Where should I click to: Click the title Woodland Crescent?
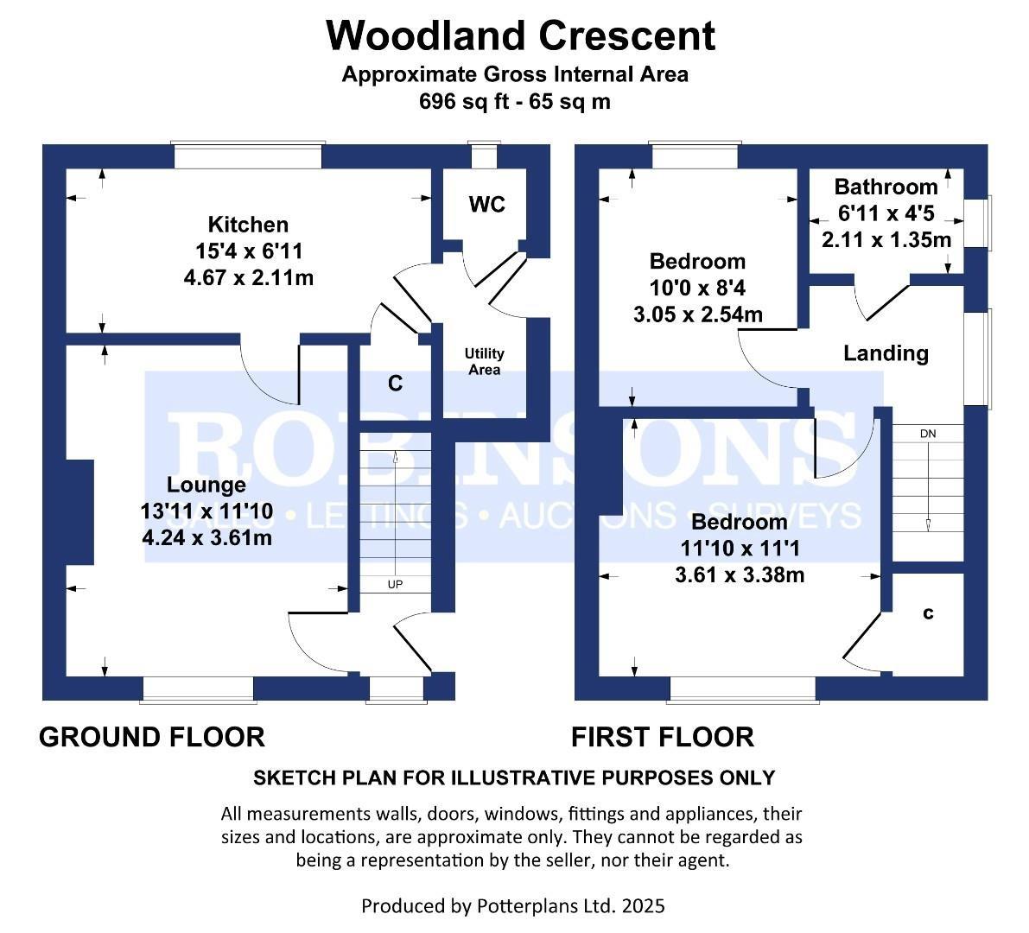520,36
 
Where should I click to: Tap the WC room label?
486,205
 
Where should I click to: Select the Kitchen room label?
249,225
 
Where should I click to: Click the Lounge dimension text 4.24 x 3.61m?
206,537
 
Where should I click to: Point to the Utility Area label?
484,361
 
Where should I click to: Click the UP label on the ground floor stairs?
395,585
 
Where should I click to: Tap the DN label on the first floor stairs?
928,433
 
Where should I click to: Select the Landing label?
886,352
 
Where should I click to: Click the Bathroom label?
886,187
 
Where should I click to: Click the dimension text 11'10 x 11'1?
739,549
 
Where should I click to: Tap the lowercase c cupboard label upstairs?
929,613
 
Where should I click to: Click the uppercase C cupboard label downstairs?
395,384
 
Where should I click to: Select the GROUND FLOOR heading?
152,737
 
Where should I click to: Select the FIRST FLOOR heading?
662,737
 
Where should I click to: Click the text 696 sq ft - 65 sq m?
515,101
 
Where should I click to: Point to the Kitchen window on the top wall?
248,155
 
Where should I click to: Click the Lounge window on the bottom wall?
198,689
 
